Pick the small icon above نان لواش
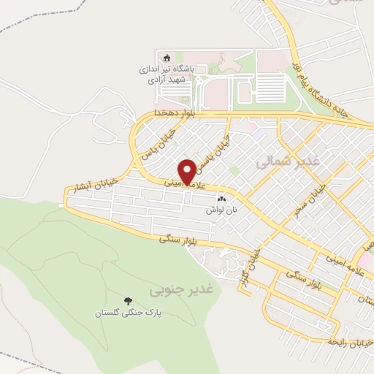[221, 198]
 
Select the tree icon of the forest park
[129, 300]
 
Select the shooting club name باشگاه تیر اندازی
[167, 70]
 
